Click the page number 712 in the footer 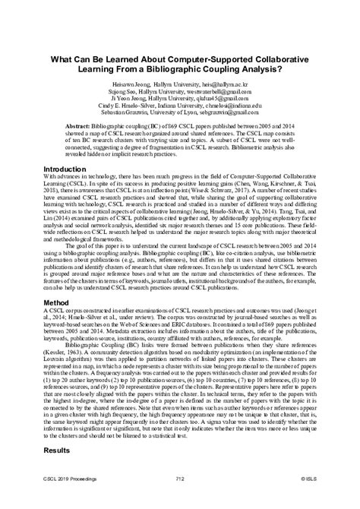pyautogui.click(x=180, y=500)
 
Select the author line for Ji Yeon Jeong pyautogui.click(x=180, y=96)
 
